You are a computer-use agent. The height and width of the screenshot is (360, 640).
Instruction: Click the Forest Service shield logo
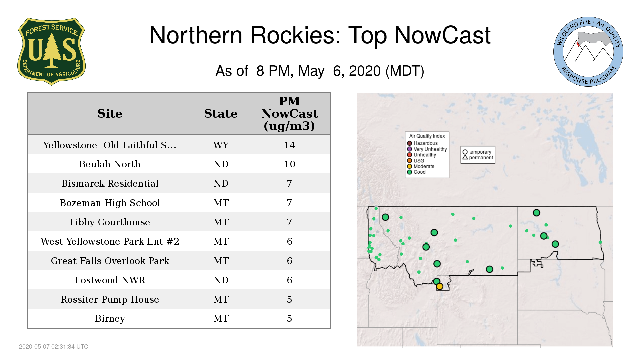coord(51,52)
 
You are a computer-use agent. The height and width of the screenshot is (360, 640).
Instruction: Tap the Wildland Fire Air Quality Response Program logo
coord(588,52)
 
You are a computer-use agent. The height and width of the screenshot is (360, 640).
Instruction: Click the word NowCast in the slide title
coord(442,35)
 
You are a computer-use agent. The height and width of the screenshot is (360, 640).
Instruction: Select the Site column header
coord(110,114)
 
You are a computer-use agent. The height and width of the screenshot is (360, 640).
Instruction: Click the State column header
coord(221,114)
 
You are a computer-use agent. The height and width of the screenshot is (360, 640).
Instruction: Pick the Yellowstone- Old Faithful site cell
coord(110,145)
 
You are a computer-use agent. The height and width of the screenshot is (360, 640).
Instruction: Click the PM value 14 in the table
coord(289,145)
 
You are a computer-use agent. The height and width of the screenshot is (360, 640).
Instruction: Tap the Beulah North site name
coord(110,164)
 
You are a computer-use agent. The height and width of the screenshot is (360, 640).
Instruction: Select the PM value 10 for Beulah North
coord(289,164)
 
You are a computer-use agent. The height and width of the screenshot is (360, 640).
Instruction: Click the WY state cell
coord(221,145)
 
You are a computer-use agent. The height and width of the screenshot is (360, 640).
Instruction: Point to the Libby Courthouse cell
coord(110,222)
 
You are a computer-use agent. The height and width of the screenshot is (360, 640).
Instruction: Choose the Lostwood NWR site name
coord(110,280)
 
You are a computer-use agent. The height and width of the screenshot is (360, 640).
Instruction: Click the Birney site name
coord(110,319)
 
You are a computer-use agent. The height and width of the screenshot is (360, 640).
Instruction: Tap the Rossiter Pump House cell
coord(110,300)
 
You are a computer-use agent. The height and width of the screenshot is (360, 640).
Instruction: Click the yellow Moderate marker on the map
coord(440,286)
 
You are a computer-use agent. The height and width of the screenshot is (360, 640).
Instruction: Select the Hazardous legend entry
coord(422,143)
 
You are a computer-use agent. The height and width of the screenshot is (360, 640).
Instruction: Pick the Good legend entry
coord(416,172)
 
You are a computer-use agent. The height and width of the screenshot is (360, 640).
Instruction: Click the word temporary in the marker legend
coord(480,152)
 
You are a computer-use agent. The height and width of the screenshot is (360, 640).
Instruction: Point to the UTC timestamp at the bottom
coord(54,347)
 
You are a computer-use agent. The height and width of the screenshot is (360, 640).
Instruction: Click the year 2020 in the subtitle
coord(365,71)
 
